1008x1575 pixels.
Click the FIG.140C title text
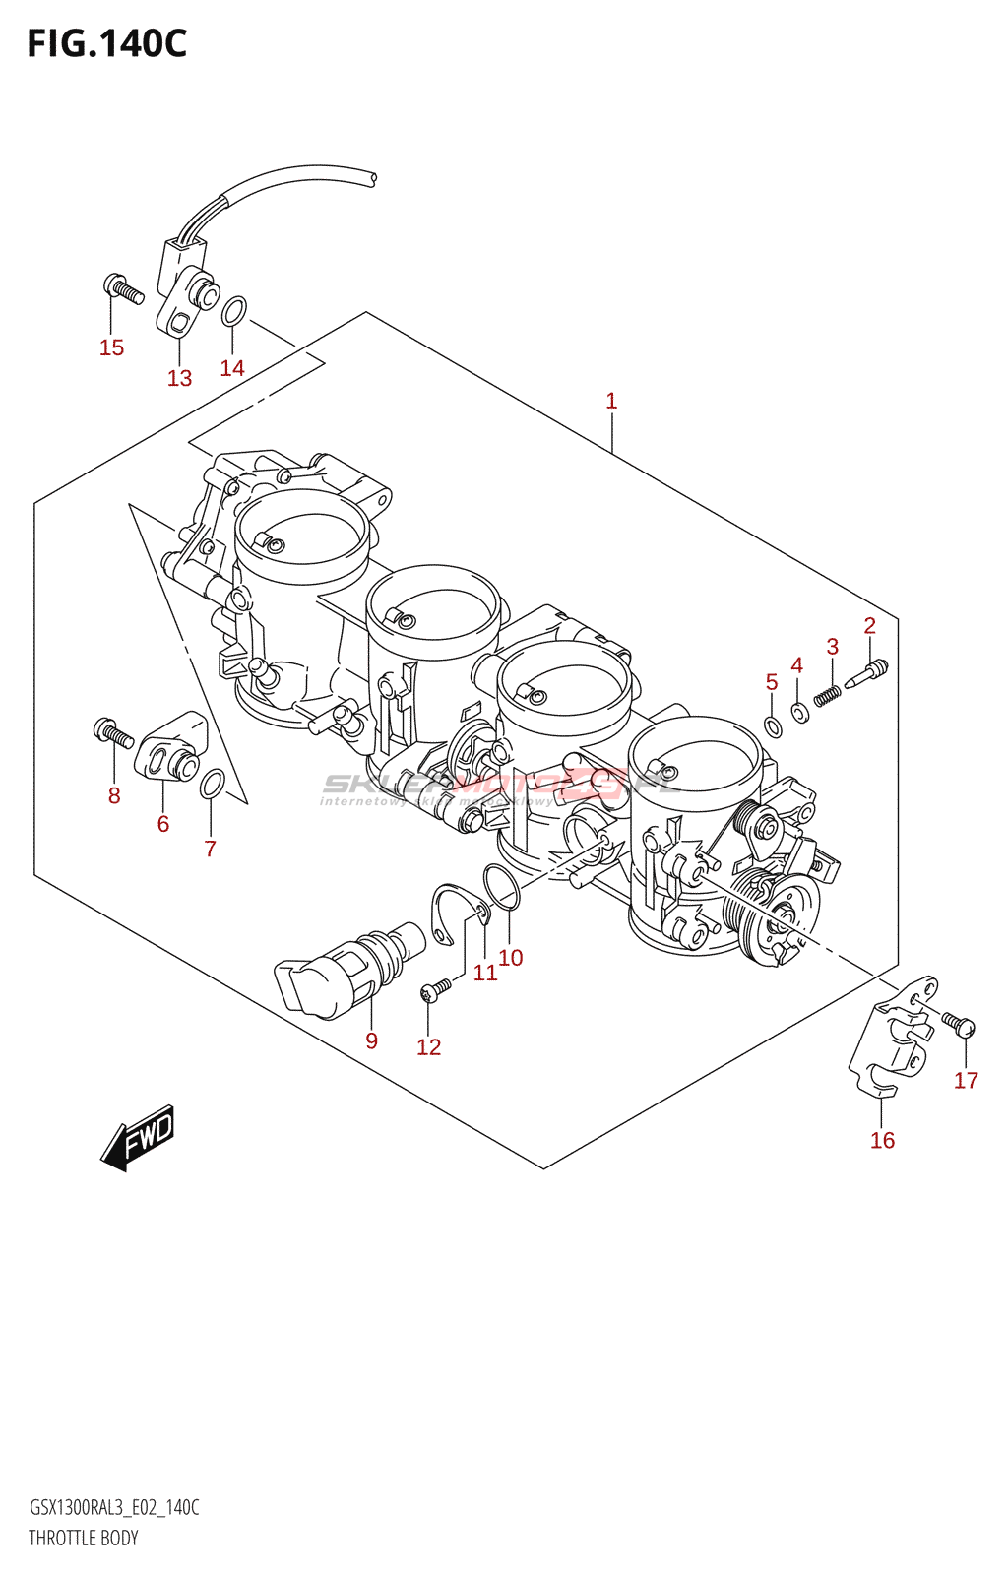point(106,43)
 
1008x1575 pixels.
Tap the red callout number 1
point(611,401)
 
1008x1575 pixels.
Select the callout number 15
point(111,347)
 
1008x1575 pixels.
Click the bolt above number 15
point(123,288)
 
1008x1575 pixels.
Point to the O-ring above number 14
point(233,311)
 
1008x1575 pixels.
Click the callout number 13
point(179,378)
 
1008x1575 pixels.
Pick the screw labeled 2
point(867,674)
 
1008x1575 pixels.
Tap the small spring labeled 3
point(828,696)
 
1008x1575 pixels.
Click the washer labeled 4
point(800,712)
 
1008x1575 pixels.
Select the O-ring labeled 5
point(774,727)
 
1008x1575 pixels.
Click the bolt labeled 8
point(112,732)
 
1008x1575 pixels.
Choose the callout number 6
point(163,825)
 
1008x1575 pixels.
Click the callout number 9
point(371,1041)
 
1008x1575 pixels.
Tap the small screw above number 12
point(436,988)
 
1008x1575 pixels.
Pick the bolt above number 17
point(958,1024)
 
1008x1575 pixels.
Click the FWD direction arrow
point(139,1139)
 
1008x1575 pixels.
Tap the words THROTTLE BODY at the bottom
point(84,1538)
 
